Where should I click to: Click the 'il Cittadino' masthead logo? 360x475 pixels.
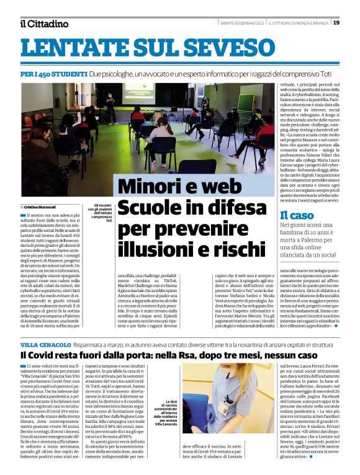[x=44, y=24]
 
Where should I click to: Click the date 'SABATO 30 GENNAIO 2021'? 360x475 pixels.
[x=243, y=23]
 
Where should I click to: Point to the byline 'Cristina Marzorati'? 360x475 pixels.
[x=41, y=206]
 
